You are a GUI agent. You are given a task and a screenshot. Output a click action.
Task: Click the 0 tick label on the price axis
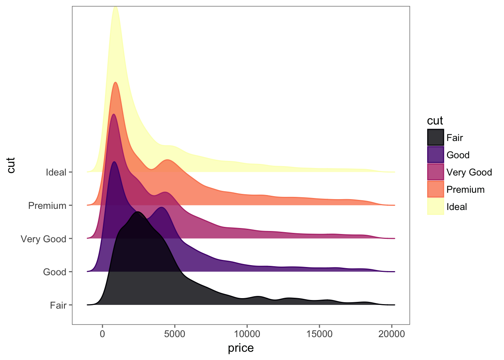point(102,334)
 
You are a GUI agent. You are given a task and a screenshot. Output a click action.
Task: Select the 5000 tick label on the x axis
point(175,334)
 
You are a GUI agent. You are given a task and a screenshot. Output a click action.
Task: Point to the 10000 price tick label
point(247,334)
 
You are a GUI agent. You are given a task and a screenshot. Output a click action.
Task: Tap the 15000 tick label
point(319,334)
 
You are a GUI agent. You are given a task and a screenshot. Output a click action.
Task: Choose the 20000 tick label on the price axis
point(391,334)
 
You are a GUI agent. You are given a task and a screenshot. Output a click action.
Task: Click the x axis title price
point(241,348)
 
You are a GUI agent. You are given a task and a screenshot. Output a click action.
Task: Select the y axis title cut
point(11,165)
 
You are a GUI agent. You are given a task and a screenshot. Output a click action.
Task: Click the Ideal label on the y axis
point(56,172)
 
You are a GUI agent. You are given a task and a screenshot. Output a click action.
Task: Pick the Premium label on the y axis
point(47,206)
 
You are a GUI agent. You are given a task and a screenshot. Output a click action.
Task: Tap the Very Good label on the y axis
point(43,239)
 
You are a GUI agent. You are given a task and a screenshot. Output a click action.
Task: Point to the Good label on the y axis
point(55,272)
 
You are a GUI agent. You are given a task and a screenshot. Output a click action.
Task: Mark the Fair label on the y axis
point(58,306)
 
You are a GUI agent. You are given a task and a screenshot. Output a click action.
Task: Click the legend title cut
point(435,121)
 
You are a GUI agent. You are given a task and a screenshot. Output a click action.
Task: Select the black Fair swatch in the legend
point(435,138)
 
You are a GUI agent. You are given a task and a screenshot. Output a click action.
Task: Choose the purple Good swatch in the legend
point(435,155)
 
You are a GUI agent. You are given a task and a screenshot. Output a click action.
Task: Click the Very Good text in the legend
point(469,172)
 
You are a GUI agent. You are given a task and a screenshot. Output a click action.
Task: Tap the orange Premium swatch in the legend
point(435,189)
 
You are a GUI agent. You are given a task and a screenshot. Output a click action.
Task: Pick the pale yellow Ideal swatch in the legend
point(435,207)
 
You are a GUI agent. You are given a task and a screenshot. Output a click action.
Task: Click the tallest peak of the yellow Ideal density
point(115,7)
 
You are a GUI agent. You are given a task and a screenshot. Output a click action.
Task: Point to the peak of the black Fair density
point(138,212)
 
